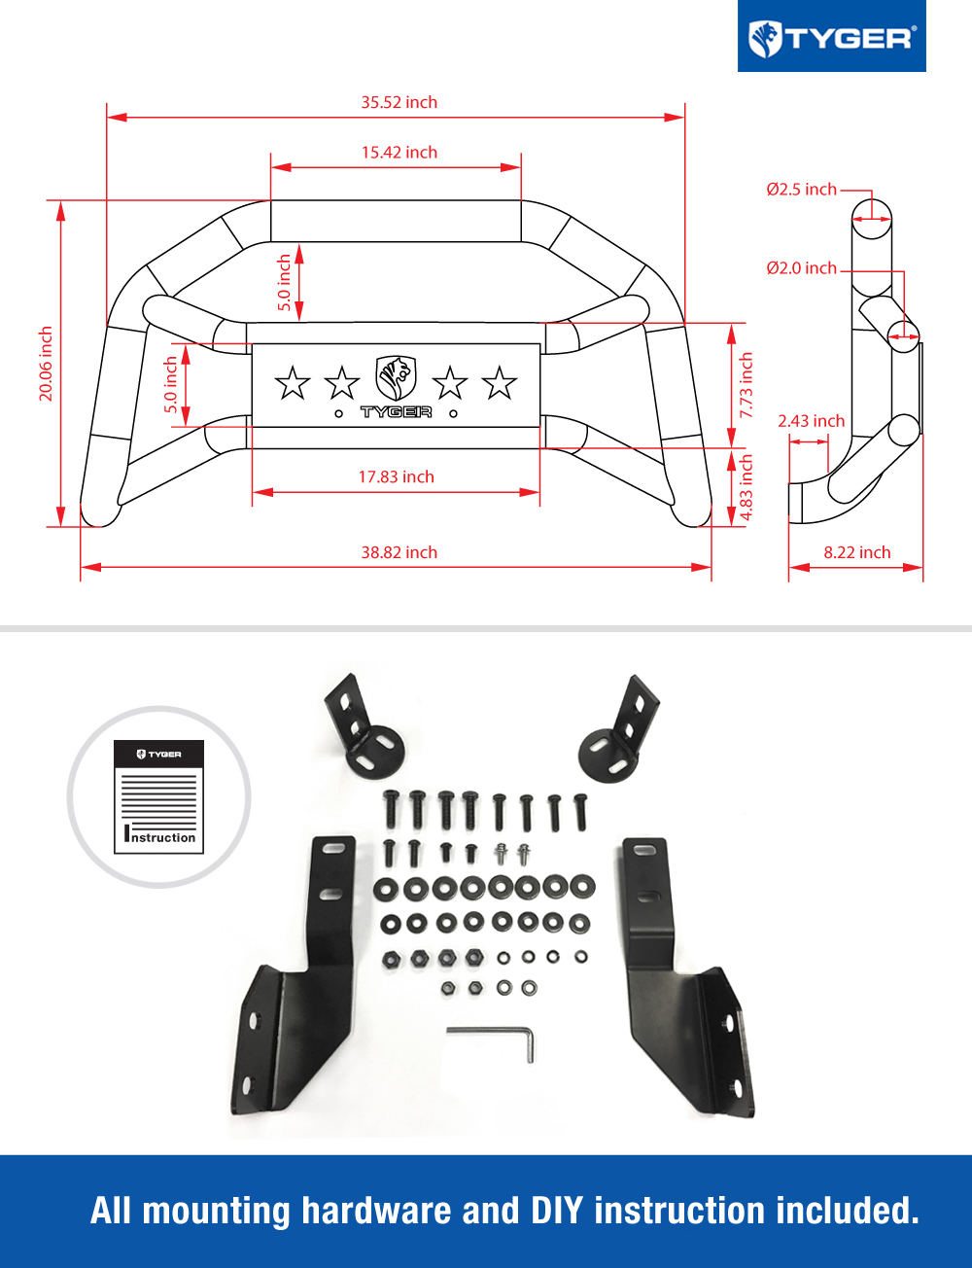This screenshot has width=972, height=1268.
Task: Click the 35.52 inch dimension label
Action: [x=399, y=102]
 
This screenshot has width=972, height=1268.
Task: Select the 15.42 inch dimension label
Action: [x=399, y=153]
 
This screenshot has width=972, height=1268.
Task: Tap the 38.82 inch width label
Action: [x=399, y=552]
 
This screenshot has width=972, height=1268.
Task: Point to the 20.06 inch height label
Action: [x=46, y=364]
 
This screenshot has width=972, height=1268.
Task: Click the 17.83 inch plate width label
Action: [x=396, y=476]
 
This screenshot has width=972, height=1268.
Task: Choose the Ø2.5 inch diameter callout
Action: [x=801, y=189]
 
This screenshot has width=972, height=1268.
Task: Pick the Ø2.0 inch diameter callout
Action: [x=801, y=267]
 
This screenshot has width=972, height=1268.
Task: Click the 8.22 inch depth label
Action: [x=856, y=552]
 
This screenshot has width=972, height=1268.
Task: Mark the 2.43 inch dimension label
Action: [x=811, y=421]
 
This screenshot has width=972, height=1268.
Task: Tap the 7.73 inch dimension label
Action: [x=746, y=385]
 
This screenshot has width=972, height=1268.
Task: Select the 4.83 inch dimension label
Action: [x=746, y=487]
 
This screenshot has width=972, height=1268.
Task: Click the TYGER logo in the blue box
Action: [x=831, y=39]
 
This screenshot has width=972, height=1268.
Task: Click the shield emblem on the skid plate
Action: [x=396, y=378]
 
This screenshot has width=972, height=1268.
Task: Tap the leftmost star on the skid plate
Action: [x=293, y=383]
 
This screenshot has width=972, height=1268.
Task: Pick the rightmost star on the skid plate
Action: [x=499, y=383]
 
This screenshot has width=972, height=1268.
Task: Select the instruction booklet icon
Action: [x=158, y=797]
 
